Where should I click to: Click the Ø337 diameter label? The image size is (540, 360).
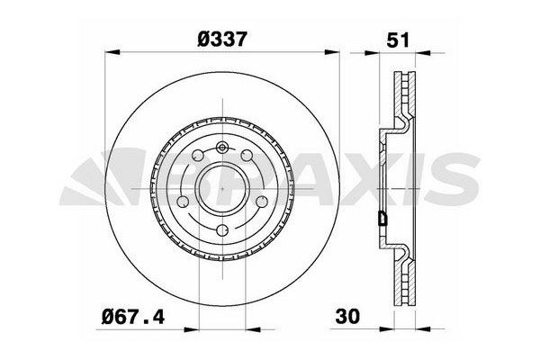pyautogui.click(x=221, y=39)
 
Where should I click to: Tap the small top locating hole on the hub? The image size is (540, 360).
pyautogui.click(x=221, y=146)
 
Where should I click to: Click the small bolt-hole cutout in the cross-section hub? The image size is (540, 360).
pyautogui.click(x=384, y=217)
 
